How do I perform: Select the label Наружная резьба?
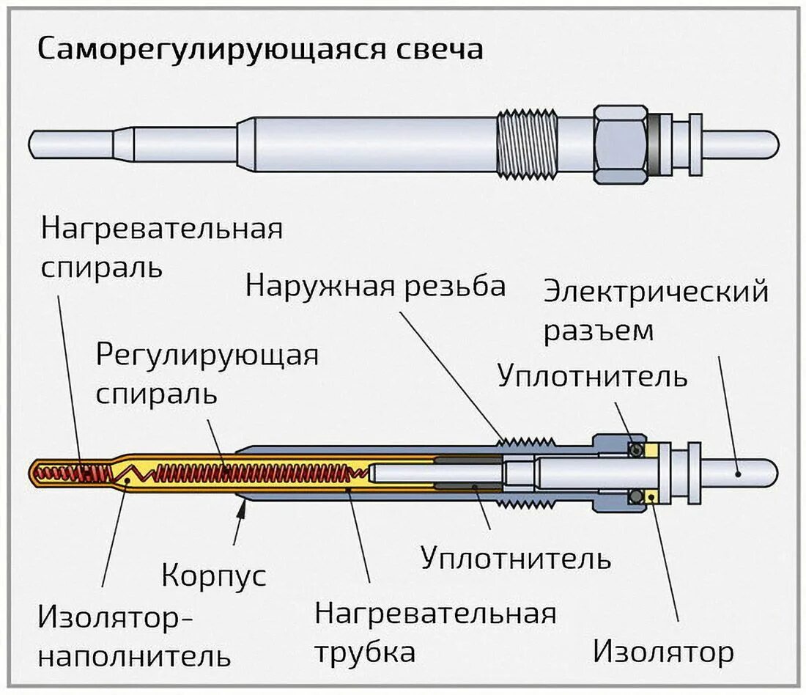(x=375, y=285)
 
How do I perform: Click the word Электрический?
(x=656, y=292)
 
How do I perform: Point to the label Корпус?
(x=213, y=574)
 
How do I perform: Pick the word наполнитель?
(x=134, y=655)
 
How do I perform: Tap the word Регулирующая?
(x=207, y=356)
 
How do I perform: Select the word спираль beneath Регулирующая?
(x=156, y=394)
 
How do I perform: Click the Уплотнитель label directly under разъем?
(x=592, y=376)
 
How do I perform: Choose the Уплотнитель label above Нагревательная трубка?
(x=516, y=558)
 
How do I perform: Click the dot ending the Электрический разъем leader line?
(x=739, y=474)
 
